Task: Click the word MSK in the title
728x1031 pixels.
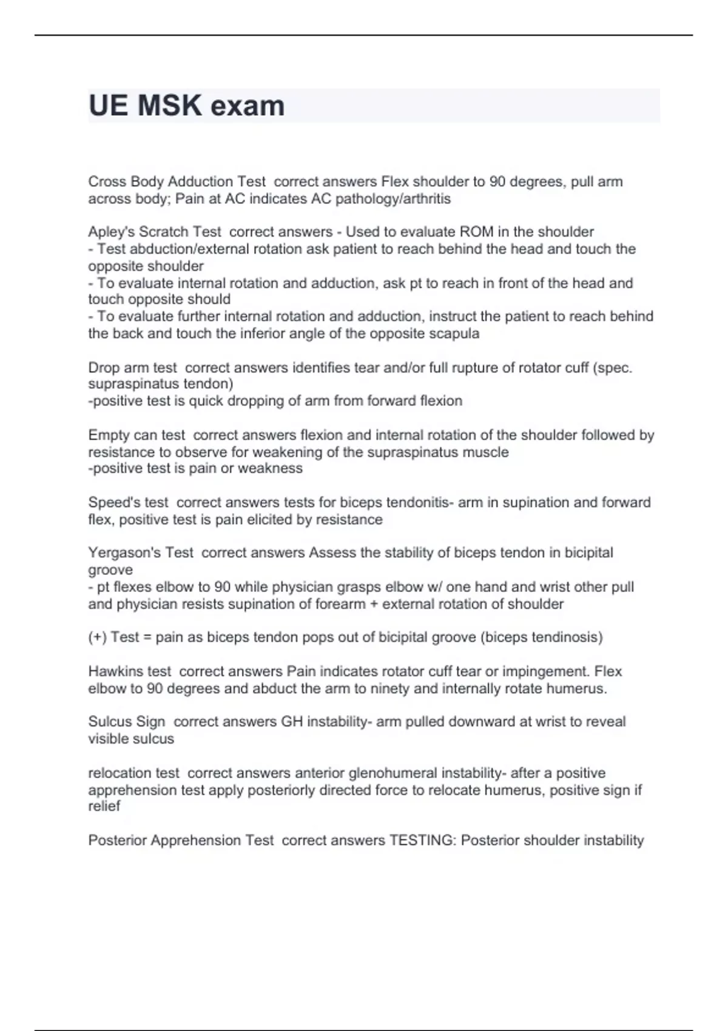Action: click(x=169, y=106)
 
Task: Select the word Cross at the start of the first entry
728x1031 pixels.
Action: click(x=107, y=182)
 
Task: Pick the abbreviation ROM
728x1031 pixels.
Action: click(x=477, y=232)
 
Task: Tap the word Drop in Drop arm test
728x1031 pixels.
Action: click(x=104, y=368)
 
